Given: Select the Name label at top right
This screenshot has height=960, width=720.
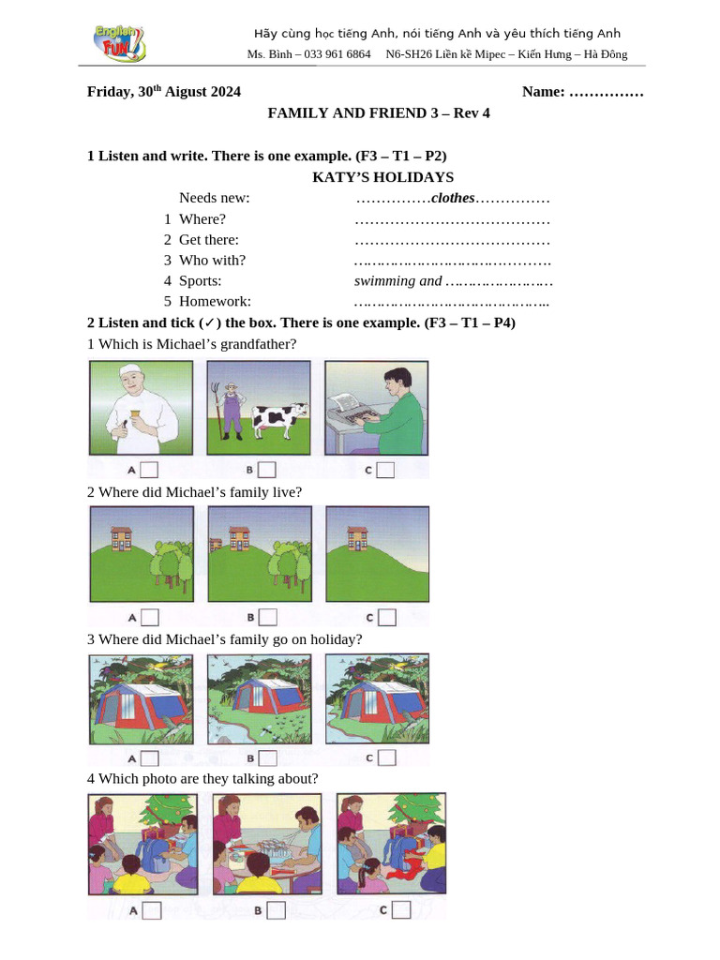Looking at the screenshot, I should pos(544,91).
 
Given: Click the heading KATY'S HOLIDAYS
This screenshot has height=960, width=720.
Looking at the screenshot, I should pos(382,177).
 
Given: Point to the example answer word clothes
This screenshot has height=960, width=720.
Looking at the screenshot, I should pos(453,198).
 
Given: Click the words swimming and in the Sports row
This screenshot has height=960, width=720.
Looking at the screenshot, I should pos(397,280).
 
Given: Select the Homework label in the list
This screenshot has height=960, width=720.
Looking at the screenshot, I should pos(215,301).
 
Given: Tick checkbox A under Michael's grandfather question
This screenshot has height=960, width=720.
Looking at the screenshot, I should pos(150,469).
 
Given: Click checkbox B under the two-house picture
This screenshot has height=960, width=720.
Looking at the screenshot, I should pos(268,616).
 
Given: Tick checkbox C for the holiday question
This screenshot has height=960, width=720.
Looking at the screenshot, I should pos(386,757).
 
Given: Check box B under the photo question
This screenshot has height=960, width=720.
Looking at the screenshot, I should pos(276,909).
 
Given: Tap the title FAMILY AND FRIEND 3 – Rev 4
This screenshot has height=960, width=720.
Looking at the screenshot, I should pos(379,113).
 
